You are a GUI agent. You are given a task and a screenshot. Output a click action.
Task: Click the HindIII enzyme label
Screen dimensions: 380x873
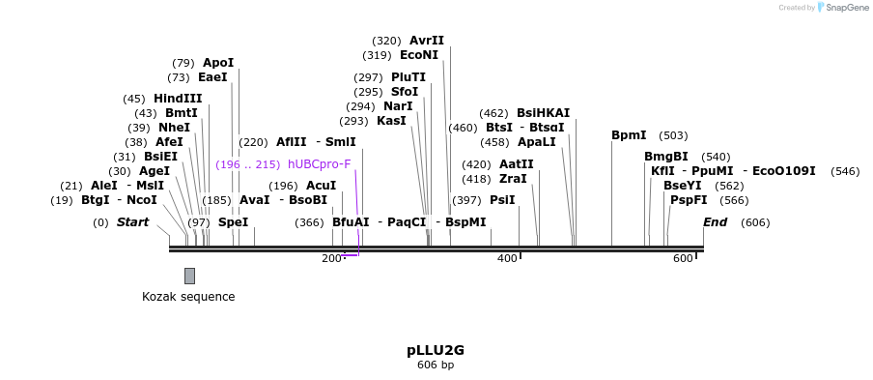coord(178,99)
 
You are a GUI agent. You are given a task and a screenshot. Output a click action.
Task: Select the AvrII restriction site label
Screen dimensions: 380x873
coord(427,41)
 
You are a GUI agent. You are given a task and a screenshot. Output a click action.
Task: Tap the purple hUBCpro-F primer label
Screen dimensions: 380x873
coord(320,164)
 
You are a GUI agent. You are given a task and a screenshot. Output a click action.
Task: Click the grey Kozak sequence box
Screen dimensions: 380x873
coord(189,276)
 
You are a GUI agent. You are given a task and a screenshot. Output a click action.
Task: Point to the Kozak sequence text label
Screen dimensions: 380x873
coord(188,297)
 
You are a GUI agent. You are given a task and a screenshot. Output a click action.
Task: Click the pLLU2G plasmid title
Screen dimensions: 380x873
coord(436,350)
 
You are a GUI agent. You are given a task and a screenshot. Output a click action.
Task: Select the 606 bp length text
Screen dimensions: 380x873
coord(436,365)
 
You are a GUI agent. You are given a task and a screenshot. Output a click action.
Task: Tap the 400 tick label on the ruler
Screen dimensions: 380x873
coord(506,258)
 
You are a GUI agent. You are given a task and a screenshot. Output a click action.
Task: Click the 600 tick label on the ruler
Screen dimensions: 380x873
coord(682,258)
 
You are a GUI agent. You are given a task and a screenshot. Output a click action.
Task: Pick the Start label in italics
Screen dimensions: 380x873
coord(133,222)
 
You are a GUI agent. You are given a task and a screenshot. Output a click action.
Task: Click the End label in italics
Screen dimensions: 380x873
coord(716,222)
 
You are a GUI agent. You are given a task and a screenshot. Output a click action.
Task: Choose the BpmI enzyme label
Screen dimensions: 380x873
coord(629,135)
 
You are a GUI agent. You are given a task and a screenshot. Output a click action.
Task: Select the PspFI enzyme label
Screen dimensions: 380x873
coord(689,200)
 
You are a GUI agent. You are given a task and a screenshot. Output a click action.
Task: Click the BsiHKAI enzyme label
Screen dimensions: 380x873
coord(544,113)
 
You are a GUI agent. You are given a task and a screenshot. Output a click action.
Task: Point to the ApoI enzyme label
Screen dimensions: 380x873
coord(218,63)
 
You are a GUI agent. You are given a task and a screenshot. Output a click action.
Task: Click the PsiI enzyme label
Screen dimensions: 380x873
coord(502,200)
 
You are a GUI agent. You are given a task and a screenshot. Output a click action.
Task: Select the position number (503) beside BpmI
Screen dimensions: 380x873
coord(673,135)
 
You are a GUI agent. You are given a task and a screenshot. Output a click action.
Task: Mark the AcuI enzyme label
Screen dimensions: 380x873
coord(322,186)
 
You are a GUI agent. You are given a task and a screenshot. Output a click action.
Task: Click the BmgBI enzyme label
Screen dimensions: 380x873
coord(666,157)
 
